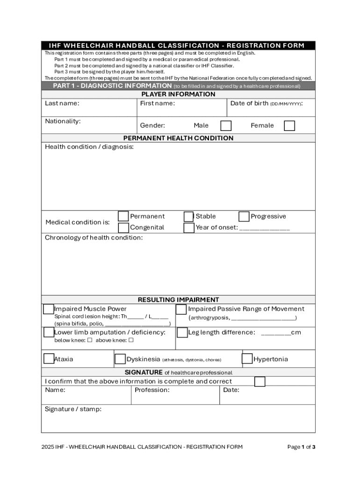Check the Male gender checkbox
226,125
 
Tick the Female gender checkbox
289,125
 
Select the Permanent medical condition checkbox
123,216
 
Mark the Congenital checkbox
123,228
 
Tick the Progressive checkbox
244,217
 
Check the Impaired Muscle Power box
49,309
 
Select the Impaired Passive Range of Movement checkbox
181,309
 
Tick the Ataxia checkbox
49,359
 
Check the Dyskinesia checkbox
120,359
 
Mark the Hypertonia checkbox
247,359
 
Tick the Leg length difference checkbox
182,333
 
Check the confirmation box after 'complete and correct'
259,382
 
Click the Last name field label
62,103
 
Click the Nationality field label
63,121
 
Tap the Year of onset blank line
264,228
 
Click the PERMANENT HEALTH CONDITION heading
178,138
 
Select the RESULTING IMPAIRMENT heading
178,299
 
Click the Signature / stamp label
73,409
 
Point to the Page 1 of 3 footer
301,447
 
